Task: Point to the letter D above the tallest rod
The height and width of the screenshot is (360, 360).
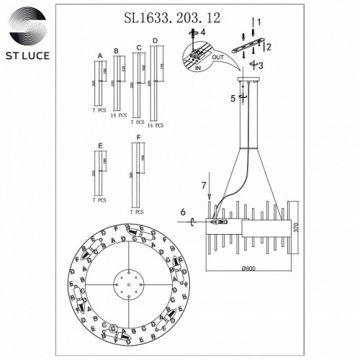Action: coord(153,48)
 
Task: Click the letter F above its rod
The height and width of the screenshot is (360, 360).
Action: coord(132,137)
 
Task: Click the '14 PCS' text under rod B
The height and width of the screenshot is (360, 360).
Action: coord(118,115)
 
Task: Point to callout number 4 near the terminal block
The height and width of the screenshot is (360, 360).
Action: coord(204,32)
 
